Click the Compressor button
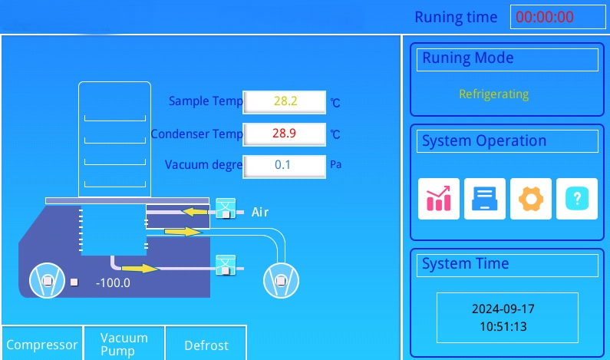[x=42, y=344]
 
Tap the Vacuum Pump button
[x=124, y=344]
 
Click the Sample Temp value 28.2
[x=285, y=102]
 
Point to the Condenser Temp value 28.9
[x=285, y=134]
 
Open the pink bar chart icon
[x=439, y=199]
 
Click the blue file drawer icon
[x=485, y=199]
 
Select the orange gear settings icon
[x=531, y=199]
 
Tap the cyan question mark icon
[x=577, y=199]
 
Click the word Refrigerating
[x=493, y=94]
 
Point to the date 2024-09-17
[x=503, y=309]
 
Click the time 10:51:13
[x=503, y=326]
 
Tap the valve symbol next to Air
[x=226, y=209]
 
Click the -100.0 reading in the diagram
[x=113, y=283]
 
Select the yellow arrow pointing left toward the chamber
[x=195, y=212]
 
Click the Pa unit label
[x=336, y=164]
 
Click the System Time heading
[x=465, y=263]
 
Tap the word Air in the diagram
[x=260, y=212]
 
